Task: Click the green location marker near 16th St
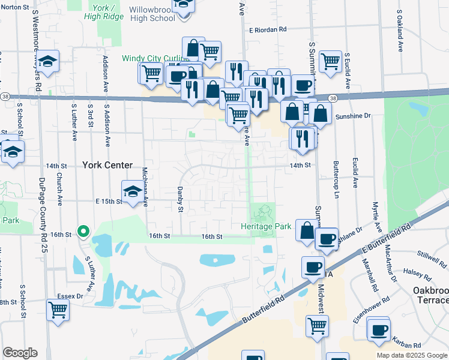(84, 231)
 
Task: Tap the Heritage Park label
(266, 226)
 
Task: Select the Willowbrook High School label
(152, 13)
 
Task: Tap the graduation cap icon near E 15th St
(133, 191)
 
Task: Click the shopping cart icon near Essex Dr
(58, 310)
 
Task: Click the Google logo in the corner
(20, 353)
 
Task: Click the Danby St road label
(179, 199)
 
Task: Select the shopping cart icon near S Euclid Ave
(330, 61)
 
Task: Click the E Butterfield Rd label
(385, 239)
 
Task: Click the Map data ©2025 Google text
(412, 355)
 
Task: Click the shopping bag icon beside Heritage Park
(306, 230)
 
